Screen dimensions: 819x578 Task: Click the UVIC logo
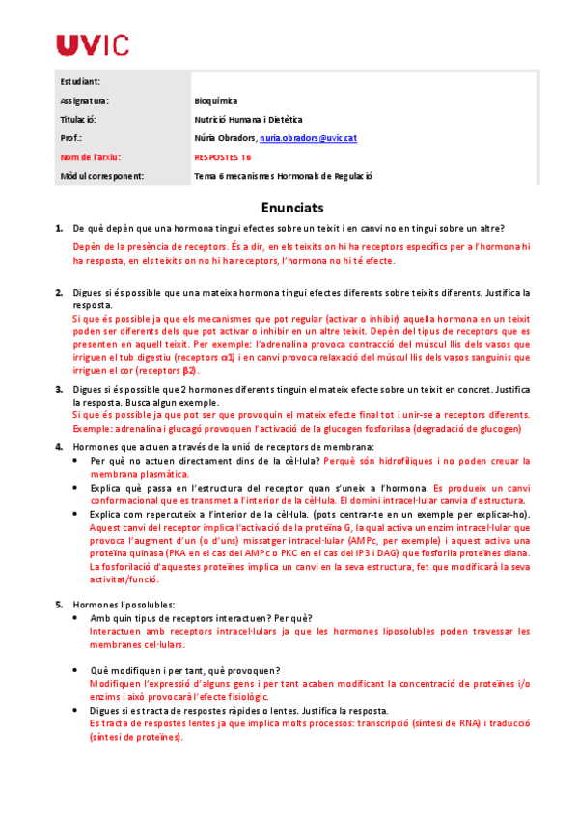click(93, 44)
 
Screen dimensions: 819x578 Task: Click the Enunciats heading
click(292, 208)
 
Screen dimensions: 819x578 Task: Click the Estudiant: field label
click(80, 81)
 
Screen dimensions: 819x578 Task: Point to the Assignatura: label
click(85, 100)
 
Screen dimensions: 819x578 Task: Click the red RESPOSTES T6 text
click(223, 156)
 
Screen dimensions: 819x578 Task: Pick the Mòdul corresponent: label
click(101, 176)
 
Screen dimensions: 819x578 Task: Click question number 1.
click(59, 228)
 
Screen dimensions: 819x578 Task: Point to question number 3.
click(59, 389)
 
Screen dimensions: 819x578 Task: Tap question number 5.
click(59, 604)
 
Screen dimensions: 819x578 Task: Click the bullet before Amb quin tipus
click(77, 618)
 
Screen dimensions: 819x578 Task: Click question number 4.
click(59, 446)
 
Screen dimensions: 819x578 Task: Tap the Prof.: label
click(72, 138)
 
